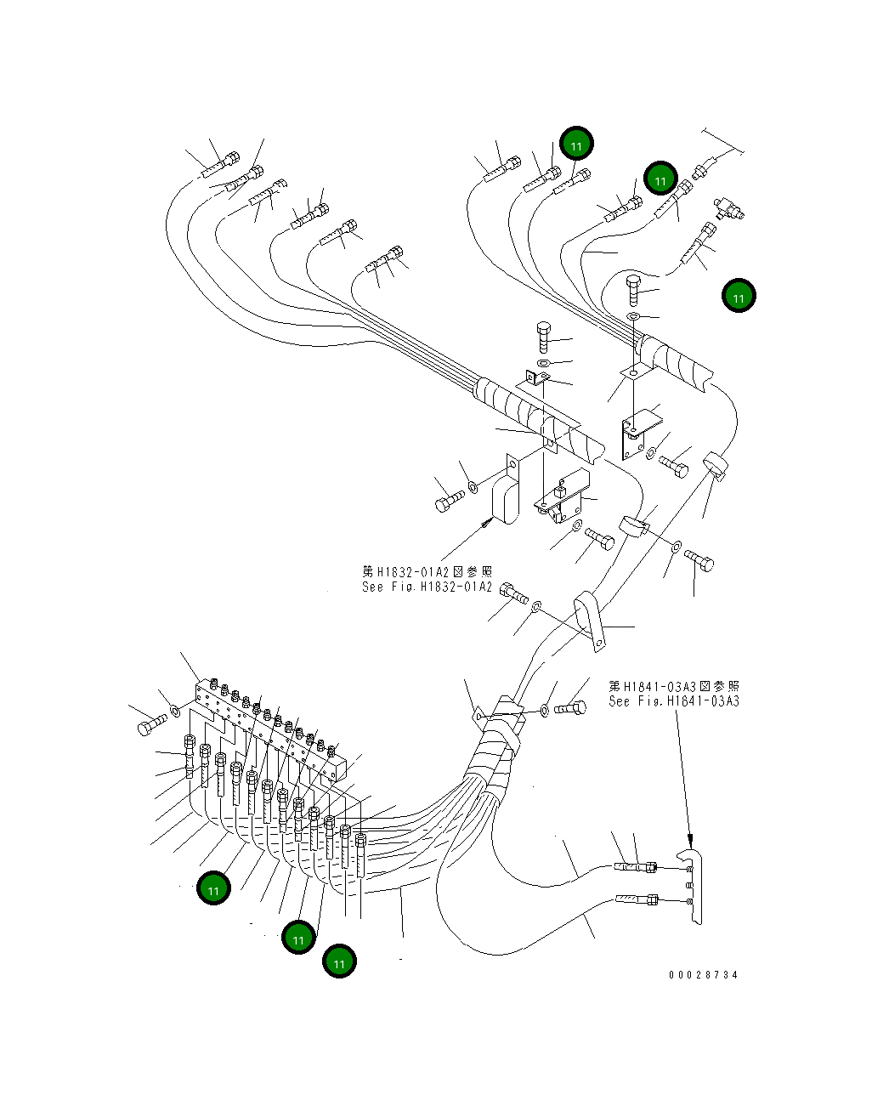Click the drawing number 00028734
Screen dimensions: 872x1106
(703, 975)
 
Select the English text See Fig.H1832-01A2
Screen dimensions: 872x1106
(427, 587)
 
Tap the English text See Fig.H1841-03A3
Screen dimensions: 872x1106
(674, 701)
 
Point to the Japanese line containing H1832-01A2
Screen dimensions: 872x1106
(427, 571)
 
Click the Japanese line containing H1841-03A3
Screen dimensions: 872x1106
(674, 686)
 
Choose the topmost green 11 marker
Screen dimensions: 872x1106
(576, 143)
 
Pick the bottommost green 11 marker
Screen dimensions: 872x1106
(339, 961)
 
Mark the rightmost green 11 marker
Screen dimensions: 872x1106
(739, 296)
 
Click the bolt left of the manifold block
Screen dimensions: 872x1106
(152, 724)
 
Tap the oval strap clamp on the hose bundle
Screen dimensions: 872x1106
(590, 621)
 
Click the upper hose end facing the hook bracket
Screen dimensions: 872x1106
(636, 867)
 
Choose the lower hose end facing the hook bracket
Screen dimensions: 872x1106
(637, 900)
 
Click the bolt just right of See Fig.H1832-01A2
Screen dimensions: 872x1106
(514, 593)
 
